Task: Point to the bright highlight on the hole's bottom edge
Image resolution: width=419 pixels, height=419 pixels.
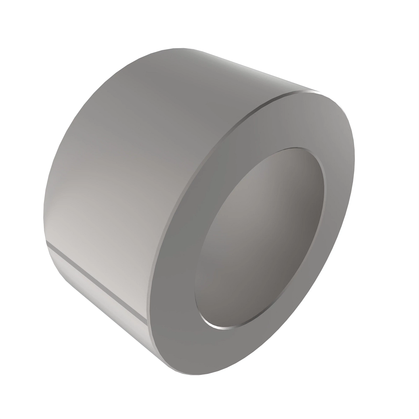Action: point(223,328)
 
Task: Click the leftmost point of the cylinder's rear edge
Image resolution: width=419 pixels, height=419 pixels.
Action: point(44,223)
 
